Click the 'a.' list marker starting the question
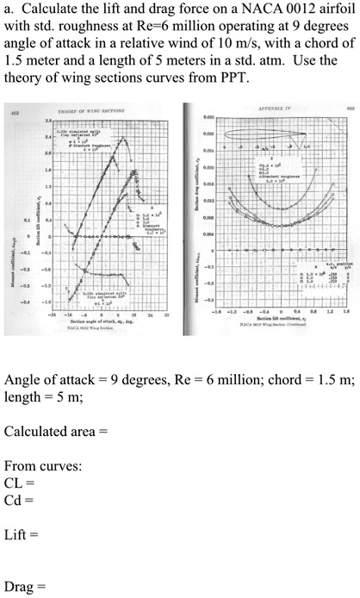[9, 10]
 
